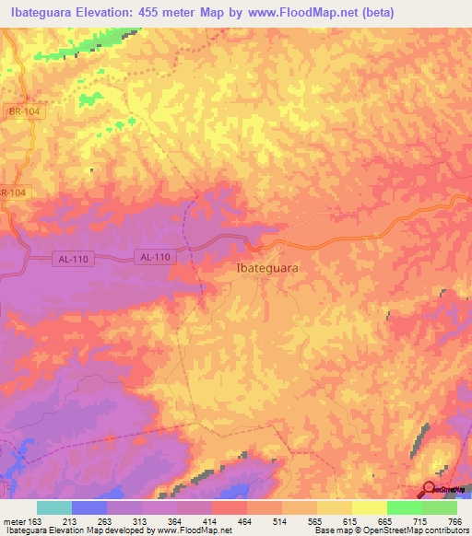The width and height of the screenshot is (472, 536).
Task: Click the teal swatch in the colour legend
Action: click(54, 508)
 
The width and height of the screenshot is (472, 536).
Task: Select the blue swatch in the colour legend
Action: click(89, 508)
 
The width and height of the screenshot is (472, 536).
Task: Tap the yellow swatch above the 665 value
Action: click(369, 508)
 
